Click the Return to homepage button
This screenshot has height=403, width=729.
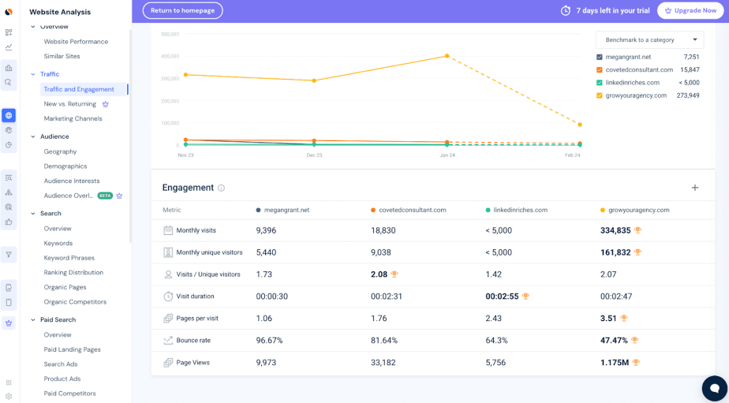(x=182, y=10)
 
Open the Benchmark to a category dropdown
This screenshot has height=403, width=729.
(x=649, y=40)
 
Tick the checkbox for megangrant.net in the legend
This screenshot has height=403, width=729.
(x=600, y=58)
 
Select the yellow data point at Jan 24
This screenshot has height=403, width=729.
(x=447, y=56)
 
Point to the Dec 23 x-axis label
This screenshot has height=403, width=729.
(x=314, y=155)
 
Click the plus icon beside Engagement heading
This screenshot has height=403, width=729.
(x=694, y=188)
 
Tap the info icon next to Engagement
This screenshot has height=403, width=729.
(x=221, y=188)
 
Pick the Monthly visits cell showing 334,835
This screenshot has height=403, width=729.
(x=615, y=230)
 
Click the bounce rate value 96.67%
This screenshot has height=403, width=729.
(x=269, y=341)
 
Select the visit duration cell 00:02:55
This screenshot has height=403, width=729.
(x=502, y=297)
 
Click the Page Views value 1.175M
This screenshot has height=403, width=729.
(x=613, y=363)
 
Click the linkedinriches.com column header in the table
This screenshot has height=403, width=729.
(x=520, y=211)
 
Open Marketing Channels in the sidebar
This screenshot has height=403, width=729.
(x=73, y=118)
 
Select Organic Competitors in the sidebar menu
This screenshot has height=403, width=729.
(x=75, y=302)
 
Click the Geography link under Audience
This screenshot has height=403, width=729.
(x=60, y=151)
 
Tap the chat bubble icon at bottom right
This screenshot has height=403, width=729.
(x=714, y=388)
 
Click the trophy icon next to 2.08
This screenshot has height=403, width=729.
(x=394, y=274)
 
